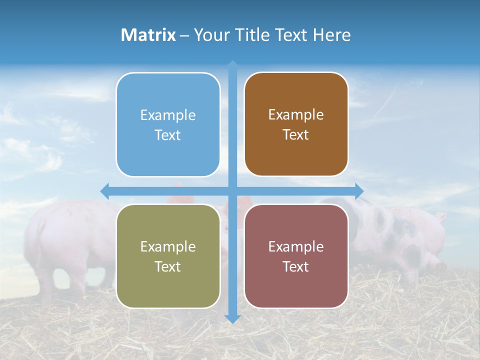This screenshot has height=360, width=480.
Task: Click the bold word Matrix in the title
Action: coord(148,35)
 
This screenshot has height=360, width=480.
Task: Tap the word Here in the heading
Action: coord(331,35)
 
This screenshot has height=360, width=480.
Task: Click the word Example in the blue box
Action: coord(168,115)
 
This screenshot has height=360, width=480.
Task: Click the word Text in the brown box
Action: coord(296,135)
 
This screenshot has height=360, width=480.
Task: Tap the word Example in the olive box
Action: coord(168,247)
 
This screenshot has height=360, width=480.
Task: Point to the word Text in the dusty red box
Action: coord(296,267)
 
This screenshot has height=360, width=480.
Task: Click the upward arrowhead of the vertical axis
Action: coord(232,64)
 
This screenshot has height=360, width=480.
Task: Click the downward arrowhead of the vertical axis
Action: coord(232,319)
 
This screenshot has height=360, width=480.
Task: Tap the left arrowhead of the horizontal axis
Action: coord(105,190)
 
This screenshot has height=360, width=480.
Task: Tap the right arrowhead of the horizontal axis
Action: coord(359,190)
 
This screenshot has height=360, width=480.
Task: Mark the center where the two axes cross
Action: coord(232,190)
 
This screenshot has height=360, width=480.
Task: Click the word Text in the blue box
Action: coord(168,135)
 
